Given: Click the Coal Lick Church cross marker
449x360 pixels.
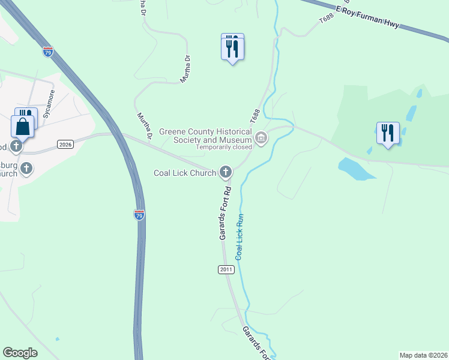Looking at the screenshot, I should pos(226,173).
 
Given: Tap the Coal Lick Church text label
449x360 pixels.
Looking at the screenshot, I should pos(184,173).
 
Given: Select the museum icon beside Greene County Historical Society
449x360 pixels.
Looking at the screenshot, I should pos(261,139).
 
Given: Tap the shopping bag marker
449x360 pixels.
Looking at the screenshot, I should pos(22,127).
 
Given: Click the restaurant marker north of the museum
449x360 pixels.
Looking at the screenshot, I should pos(232,46).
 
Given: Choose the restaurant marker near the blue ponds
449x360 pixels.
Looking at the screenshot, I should pos(388,133).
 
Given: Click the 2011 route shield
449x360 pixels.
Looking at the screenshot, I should pos(225,270).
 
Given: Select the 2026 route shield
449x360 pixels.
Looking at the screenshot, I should pos(65,144).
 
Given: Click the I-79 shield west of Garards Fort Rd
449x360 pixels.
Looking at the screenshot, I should pos(139,215).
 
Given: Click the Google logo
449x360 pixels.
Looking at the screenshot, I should pos(20,353).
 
